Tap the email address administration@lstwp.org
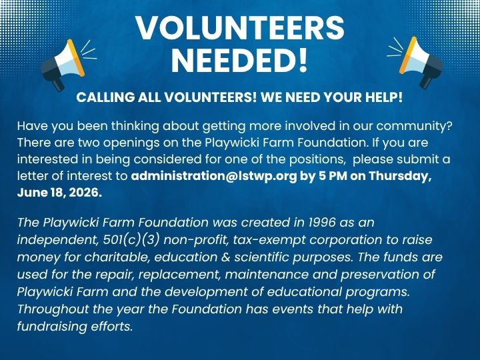214,176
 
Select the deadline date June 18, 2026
59,193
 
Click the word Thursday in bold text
400,176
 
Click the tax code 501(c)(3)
131,240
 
